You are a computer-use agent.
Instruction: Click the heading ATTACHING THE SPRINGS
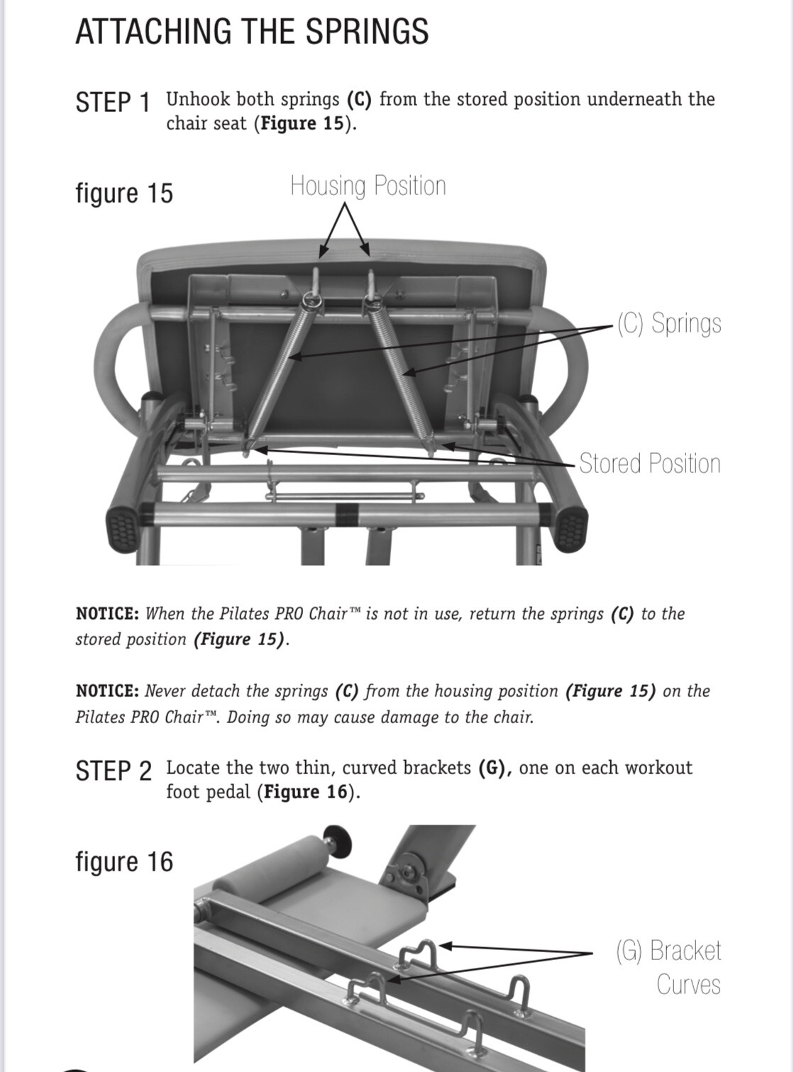(x=252, y=32)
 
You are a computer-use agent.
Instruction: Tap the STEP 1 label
(x=113, y=102)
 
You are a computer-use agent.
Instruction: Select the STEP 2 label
(x=114, y=771)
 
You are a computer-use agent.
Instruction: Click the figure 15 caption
(x=124, y=193)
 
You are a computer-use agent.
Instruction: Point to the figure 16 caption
(x=124, y=861)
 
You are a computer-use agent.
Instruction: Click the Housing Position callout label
(x=368, y=186)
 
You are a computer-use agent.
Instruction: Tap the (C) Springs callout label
(x=668, y=323)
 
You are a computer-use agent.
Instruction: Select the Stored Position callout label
(x=649, y=464)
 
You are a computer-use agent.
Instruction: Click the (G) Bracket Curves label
(x=668, y=967)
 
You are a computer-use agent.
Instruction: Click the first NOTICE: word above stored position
(x=107, y=614)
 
